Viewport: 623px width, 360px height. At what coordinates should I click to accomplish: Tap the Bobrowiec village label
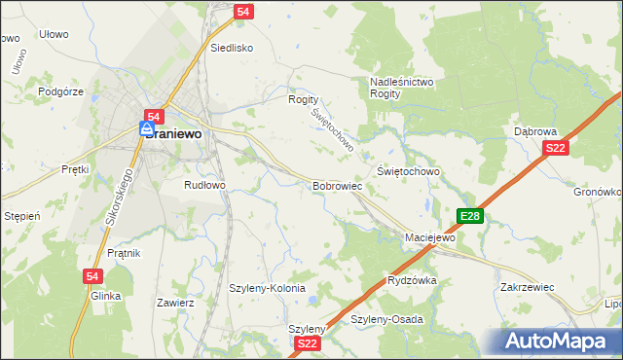pos(337,185)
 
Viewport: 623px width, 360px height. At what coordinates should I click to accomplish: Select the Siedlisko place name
pos(232,47)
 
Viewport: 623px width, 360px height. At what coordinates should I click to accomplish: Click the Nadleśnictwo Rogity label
pos(401,88)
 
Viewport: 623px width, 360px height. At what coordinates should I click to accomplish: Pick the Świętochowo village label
pos(408,171)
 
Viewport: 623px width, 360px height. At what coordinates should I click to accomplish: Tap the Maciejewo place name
pos(430,237)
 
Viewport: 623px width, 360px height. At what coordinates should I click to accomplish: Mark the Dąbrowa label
pos(534,130)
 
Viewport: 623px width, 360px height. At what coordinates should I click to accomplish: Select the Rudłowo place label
pos(204,184)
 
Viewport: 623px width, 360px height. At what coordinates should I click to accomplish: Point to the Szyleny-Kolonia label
pos(267,289)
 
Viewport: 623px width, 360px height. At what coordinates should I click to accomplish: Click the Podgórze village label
pos(61,91)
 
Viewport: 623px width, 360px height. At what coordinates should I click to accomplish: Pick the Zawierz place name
pos(175,303)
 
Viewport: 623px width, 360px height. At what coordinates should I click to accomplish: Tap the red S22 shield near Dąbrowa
pos(555,148)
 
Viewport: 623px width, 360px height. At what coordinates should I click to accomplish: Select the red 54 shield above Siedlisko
pos(244,12)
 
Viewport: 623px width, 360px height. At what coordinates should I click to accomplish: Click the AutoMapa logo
pos(557,341)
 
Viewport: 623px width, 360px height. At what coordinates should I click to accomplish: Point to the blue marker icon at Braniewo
pos(146,128)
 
